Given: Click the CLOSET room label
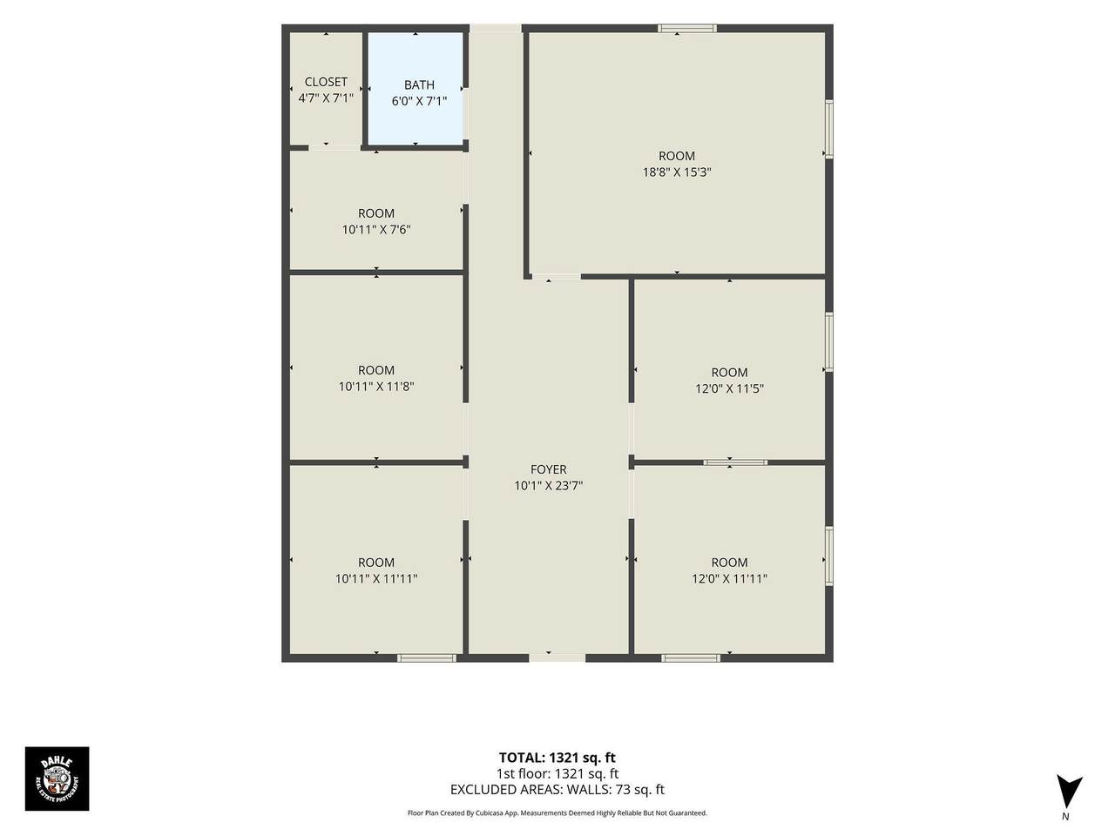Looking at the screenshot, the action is click(326, 82).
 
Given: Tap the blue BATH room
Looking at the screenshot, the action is click(416, 89).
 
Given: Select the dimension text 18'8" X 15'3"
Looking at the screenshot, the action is click(677, 172).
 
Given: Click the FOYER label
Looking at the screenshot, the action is click(548, 469).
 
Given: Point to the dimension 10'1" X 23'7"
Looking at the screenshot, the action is click(548, 486).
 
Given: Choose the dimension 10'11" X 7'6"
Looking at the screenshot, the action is click(376, 229).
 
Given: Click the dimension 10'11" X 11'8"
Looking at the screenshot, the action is click(376, 387).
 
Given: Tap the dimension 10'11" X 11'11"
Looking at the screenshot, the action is click(376, 578).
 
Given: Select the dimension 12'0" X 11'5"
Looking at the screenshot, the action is click(729, 388).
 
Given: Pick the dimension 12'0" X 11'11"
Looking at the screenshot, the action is click(729, 578).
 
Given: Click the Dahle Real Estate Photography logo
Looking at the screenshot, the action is click(57, 779).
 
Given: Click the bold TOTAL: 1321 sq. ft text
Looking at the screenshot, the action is click(557, 758).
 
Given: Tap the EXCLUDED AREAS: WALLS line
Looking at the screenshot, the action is click(557, 789).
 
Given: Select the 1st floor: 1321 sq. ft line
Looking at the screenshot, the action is click(557, 773).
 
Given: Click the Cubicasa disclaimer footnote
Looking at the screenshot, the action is click(557, 813).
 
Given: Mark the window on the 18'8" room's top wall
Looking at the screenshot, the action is click(687, 29).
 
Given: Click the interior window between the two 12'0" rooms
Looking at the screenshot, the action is click(735, 462).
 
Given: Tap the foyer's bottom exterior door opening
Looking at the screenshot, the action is click(557, 657).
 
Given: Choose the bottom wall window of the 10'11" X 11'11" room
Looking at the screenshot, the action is click(426, 657).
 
